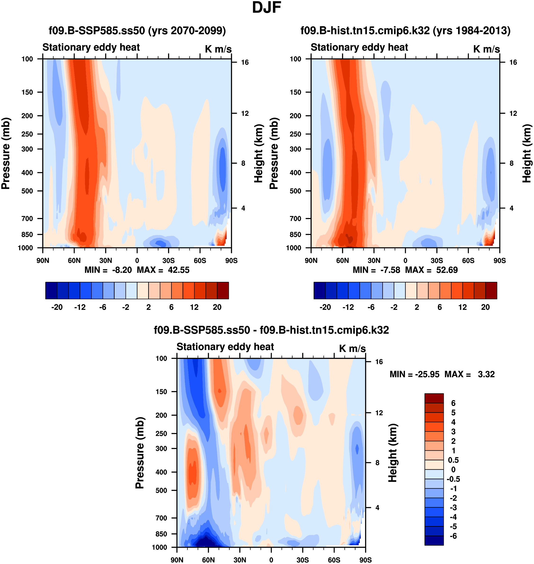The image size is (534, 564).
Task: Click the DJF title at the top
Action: (267, 8)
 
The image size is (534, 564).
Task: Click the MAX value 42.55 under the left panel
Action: (178, 270)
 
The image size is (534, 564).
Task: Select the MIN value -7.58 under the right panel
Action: (390, 270)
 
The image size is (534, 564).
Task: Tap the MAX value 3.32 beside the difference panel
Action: (486, 374)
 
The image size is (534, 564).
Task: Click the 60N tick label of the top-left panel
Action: (74, 260)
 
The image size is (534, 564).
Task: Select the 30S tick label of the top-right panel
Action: (437, 260)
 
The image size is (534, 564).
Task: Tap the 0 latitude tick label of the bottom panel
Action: (271, 560)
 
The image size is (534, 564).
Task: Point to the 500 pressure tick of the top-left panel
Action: (27, 191)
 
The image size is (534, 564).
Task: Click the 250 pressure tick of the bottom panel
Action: (161, 433)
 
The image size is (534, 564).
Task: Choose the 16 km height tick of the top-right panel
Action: (513, 62)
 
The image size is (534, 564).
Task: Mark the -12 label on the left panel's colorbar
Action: (80, 307)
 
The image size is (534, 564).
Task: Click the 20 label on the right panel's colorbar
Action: (485, 307)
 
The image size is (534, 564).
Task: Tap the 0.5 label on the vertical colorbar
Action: (453, 460)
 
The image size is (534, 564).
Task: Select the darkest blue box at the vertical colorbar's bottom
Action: (434, 540)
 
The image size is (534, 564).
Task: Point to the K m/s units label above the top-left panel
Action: (218, 49)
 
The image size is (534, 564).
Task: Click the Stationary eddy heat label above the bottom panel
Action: (225, 347)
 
